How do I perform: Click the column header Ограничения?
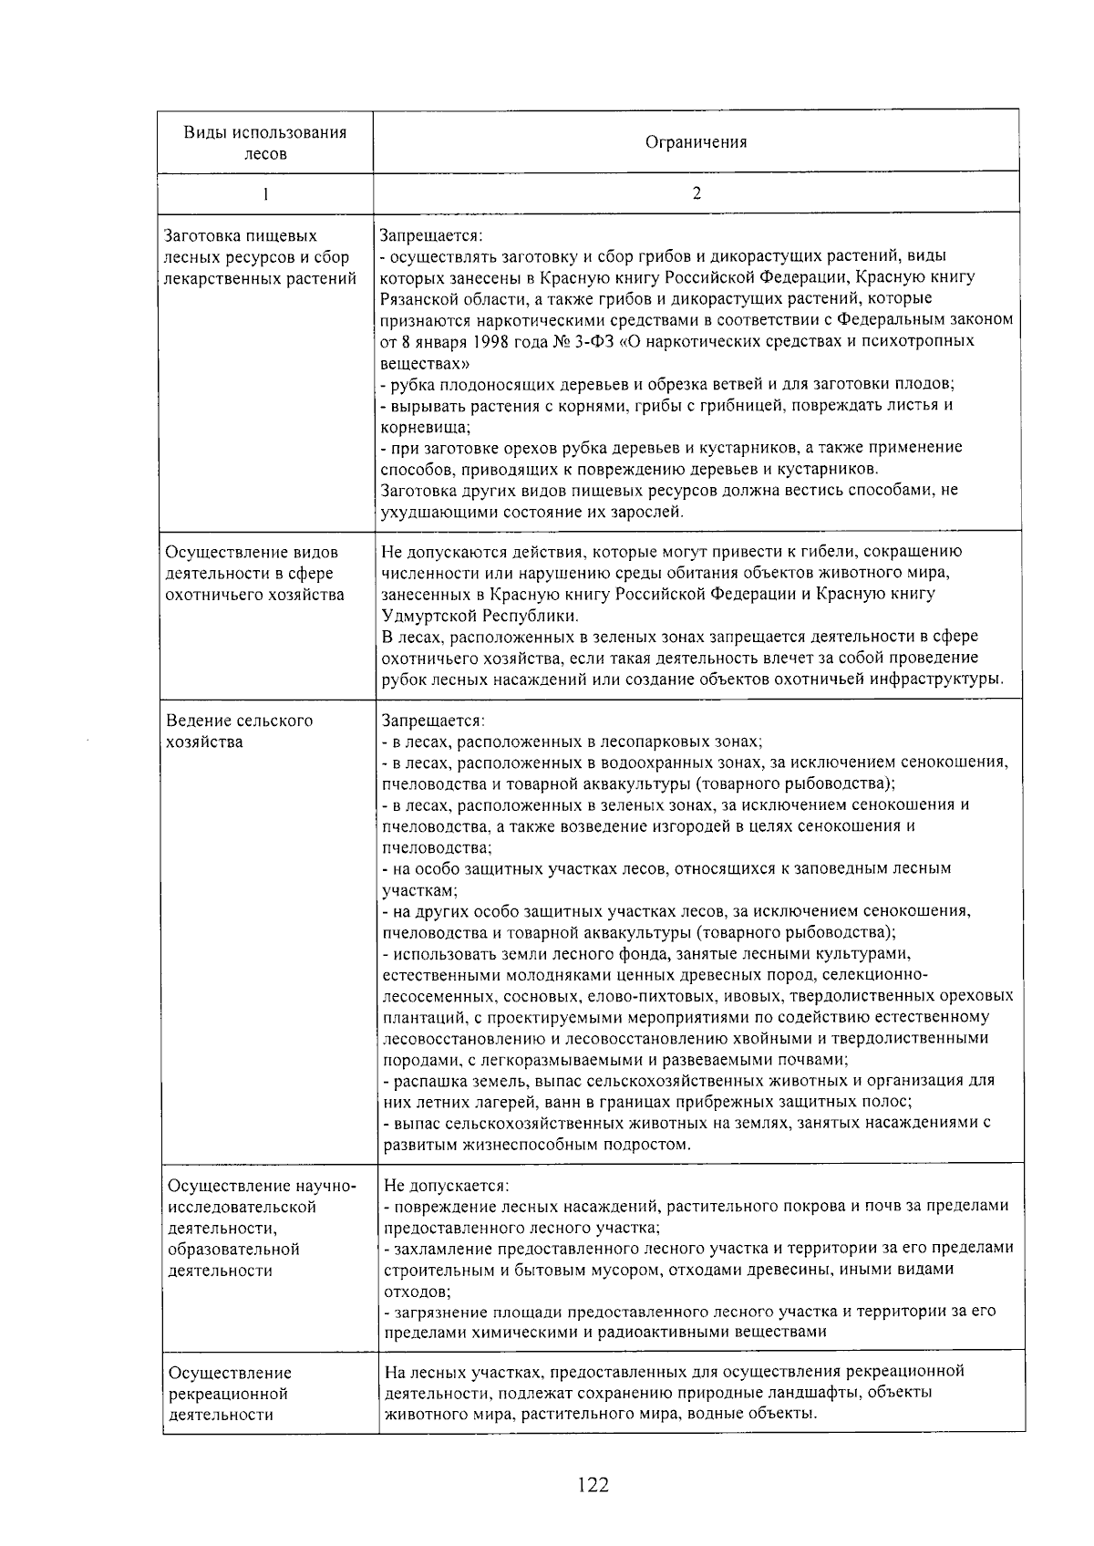click(696, 142)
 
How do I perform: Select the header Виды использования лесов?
click(265, 143)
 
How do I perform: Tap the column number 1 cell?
click(265, 193)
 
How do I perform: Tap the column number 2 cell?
click(697, 193)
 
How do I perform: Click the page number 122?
click(593, 1485)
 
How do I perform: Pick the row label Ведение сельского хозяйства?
click(239, 731)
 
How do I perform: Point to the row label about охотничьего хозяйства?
click(254, 574)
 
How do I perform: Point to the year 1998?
click(493, 341)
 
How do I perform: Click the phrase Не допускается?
click(446, 1185)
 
